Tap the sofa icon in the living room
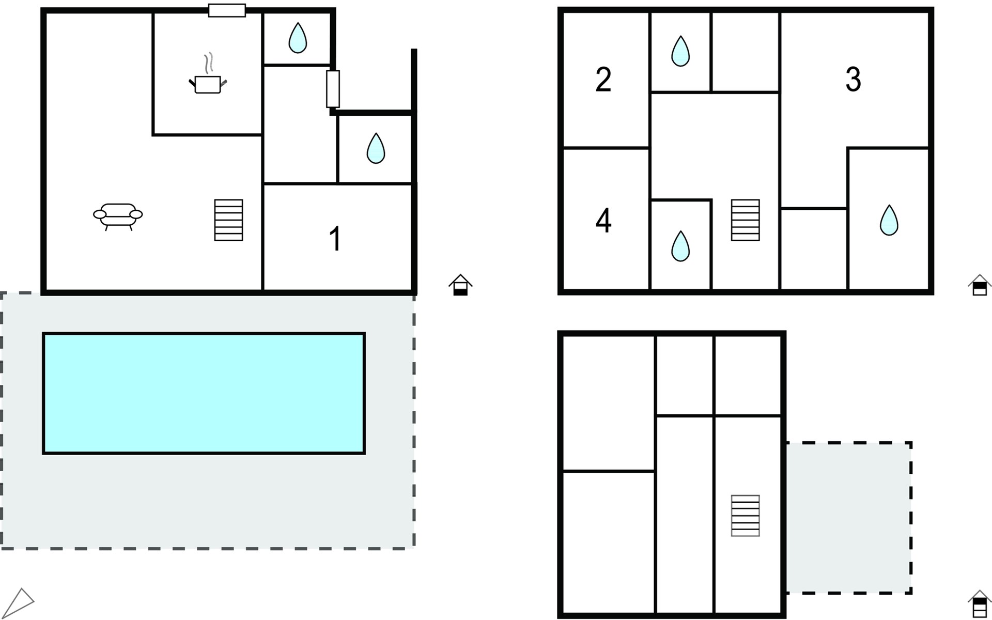tap(118, 216)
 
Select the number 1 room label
tap(335, 238)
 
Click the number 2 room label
tap(603, 80)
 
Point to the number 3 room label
tap(853, 80)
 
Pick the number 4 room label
tap(603, 221)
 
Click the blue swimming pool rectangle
tap(204, 394)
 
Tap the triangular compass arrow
tap(20, 603)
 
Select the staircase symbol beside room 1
tap(228, 220)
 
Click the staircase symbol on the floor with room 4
tap(746, 220)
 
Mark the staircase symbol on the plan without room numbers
tap(746, 516)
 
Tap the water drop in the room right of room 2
tap(680, 51)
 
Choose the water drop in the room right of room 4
tap(680, 246)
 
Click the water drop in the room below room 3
tap(889, 221)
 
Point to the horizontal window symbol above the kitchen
tap(227, 10)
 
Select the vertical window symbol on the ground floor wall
tap(333, 89)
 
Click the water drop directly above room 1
tap(376, 148)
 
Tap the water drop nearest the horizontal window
tap(297, 38)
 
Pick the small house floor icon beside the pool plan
tap(460, 285)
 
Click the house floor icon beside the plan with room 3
tap(980, 285)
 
